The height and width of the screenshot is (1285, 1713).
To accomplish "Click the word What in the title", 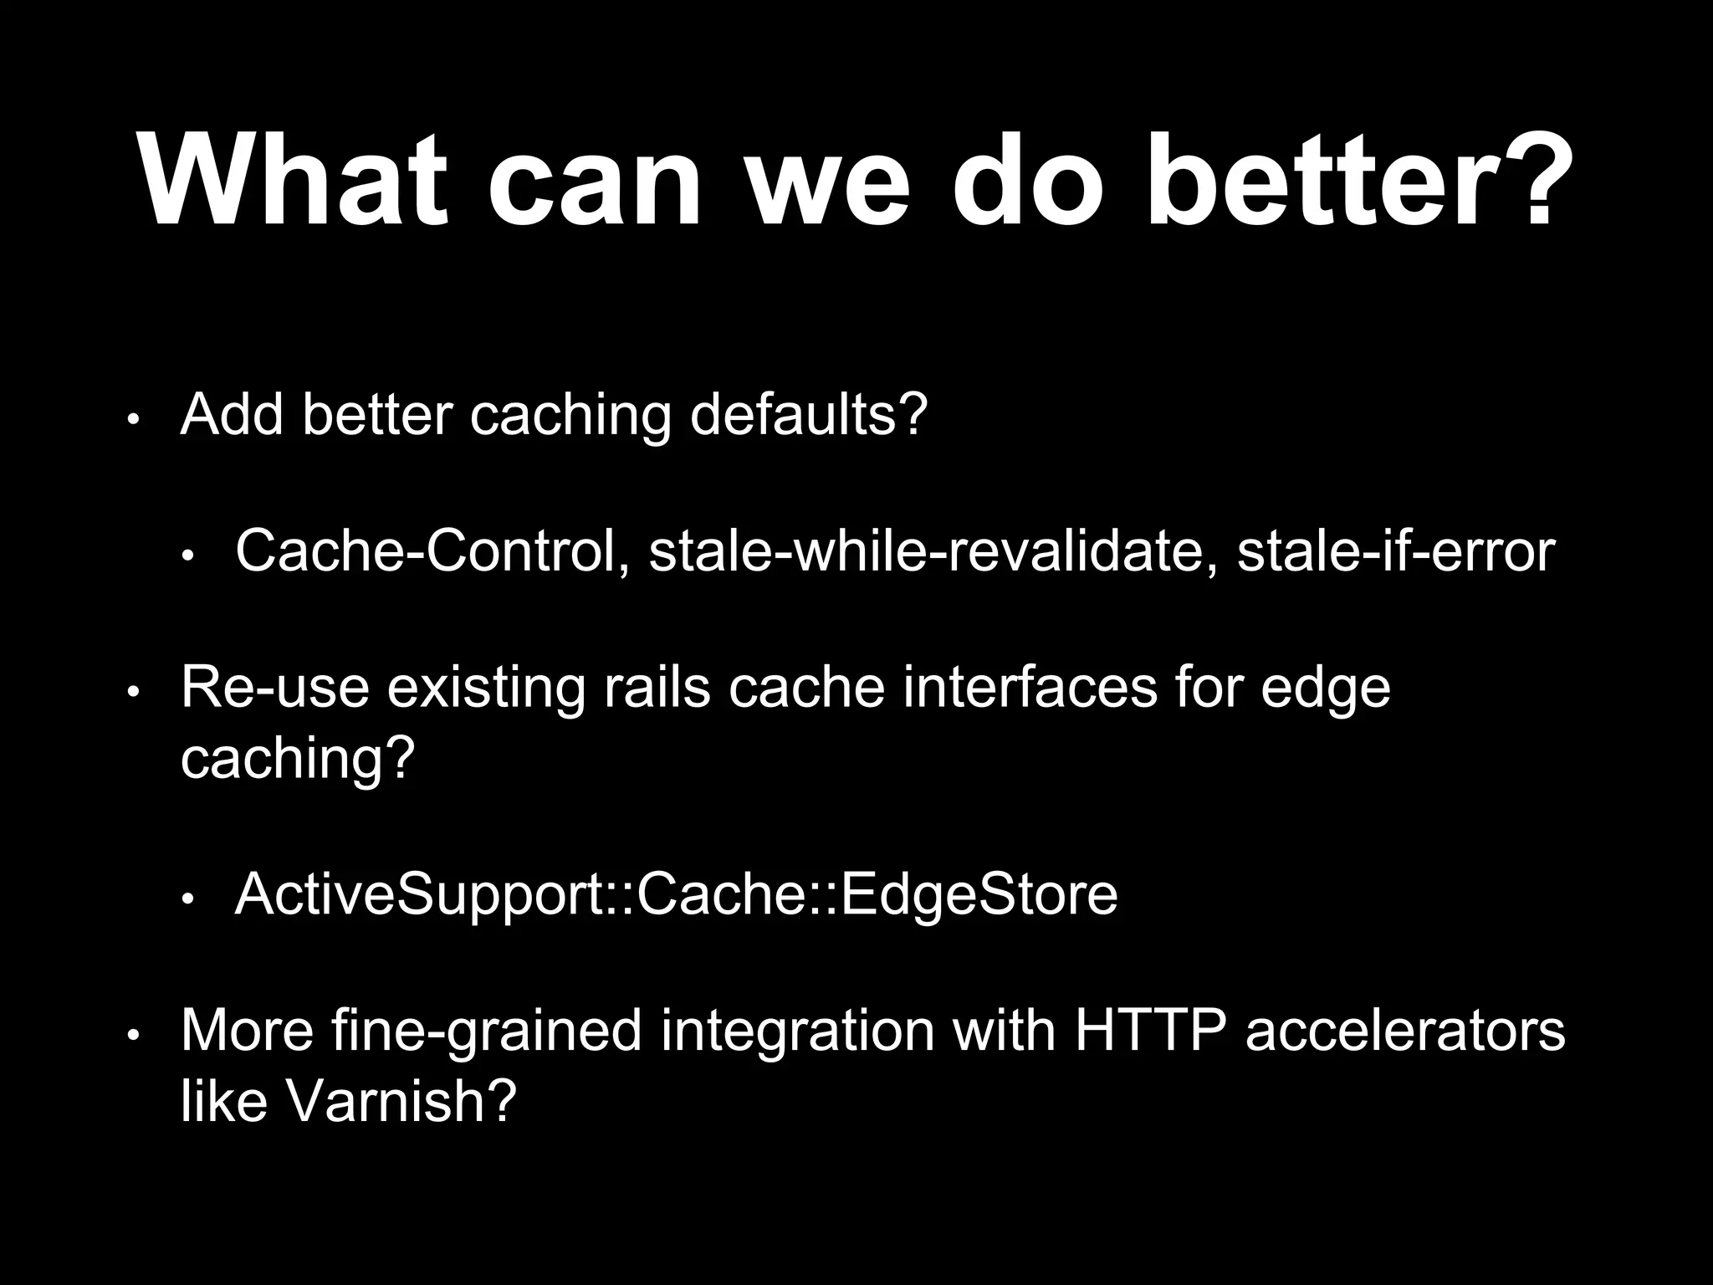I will (294, 182).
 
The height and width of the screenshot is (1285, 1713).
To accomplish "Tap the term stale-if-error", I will (1395, 551).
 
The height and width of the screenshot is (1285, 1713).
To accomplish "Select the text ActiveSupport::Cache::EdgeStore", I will (676, 895).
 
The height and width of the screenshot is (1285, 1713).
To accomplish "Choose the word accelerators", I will (1405, 1031).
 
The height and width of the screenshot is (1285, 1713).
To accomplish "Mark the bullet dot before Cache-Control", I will (189, 555).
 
